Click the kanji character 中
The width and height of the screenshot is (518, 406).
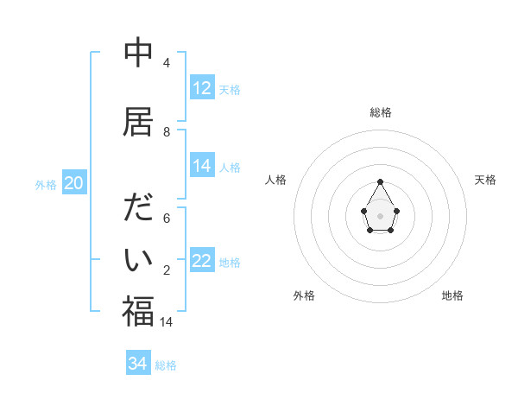138,54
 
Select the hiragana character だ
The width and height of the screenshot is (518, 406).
138,210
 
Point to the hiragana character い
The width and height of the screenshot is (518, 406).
138,260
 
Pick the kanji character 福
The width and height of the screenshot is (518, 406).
138,311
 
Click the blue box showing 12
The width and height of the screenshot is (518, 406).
202,88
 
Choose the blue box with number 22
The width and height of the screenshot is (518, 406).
202,261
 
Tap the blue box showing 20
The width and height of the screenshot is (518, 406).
74,182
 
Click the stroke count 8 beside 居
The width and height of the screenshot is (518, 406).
167,132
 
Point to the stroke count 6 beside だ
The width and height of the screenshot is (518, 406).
167,219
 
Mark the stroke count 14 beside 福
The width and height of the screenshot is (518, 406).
167,321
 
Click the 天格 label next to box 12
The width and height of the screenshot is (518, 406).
230,90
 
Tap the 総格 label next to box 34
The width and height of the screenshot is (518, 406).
166,365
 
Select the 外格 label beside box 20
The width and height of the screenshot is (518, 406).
46,184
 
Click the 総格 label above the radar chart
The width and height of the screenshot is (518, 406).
381,112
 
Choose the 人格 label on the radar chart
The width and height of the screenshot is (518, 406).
276,180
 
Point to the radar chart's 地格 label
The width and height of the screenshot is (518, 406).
452,295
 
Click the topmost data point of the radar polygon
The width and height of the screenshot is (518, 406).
381,181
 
